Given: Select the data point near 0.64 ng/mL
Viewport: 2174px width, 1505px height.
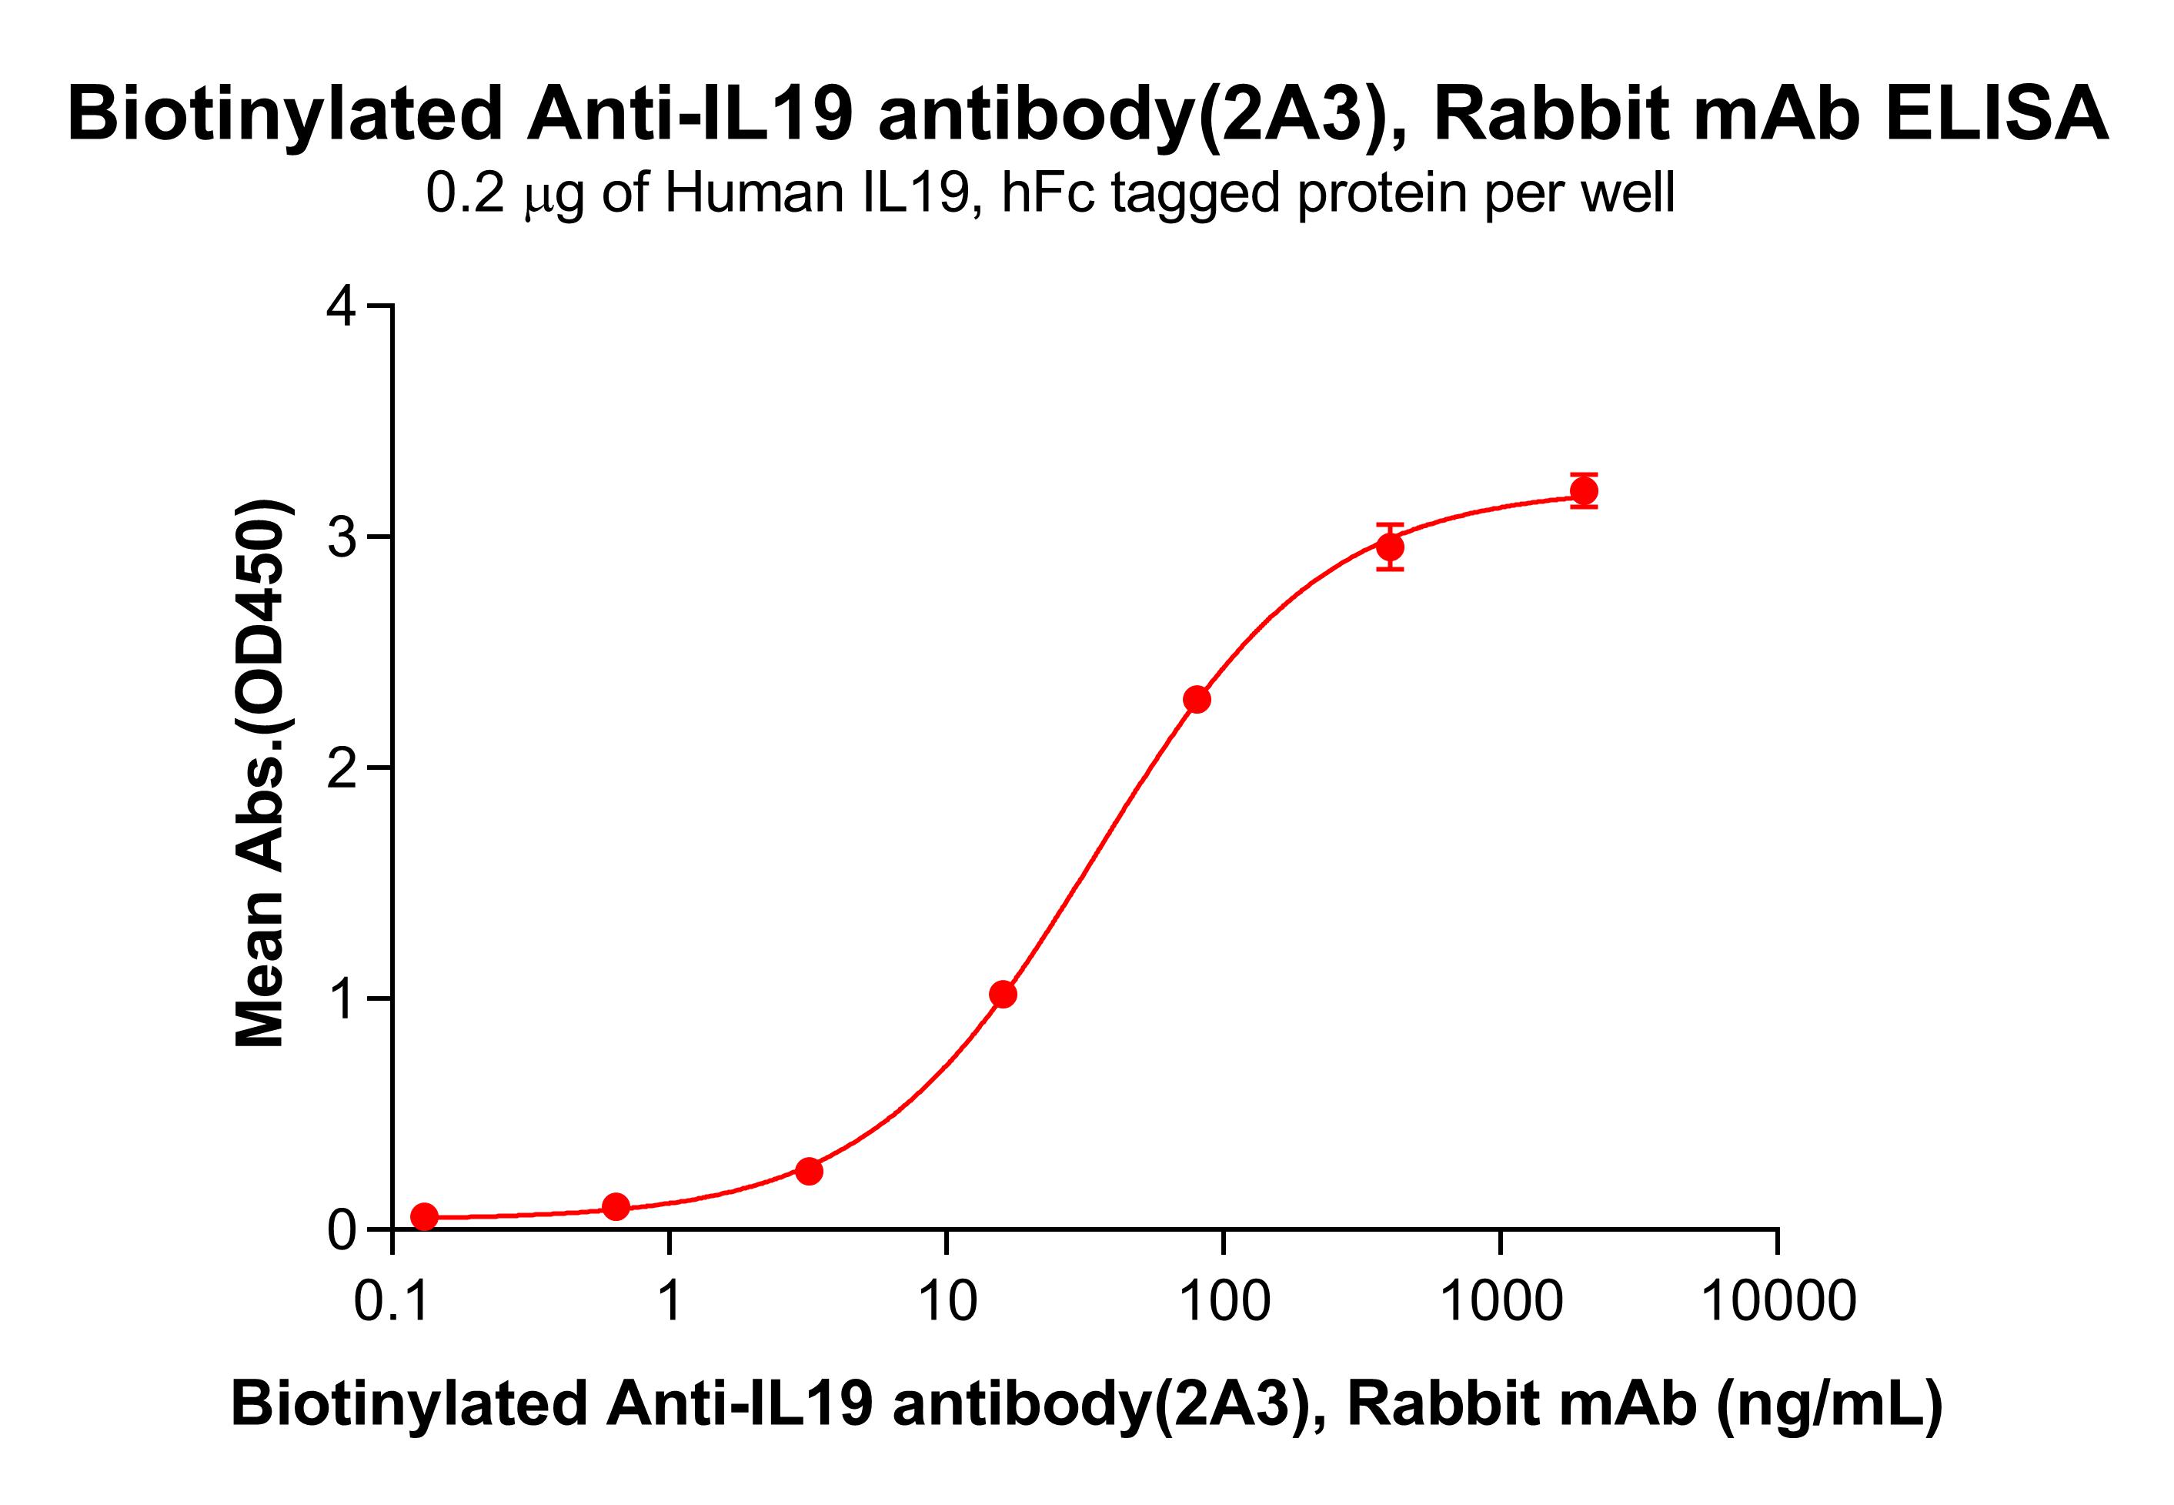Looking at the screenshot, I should pyautogui.click(x=616, y=1206).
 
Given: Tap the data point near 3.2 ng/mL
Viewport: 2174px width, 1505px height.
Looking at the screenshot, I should pyautogui.click(x=809, y=1171).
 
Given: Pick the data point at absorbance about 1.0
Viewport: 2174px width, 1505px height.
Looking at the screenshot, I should pyautogui.click(x=1003, y=994).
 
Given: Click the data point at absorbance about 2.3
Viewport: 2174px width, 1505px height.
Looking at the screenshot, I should pyautogui.click(x=1197, y=700).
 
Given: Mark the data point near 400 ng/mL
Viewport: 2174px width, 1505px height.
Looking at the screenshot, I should pyautogui.click(x=1390, y=547).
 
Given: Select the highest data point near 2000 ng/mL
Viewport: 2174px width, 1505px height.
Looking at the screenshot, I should pyautogui.click(x=1584, y=491).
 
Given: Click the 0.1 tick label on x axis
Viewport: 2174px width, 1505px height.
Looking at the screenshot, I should pyautogui.click(x=392, y=1303).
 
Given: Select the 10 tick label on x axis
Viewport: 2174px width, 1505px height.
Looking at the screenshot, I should pyautogui.click(x=947, y=1303).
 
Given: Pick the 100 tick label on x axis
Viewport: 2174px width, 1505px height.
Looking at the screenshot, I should pyautogui.click(x=1224, y=1303).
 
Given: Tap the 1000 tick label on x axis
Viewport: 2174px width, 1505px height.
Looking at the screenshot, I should pyautogui.click(x=1501, y=1303).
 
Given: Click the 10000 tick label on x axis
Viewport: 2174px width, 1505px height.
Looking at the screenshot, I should pyautogui.click(x=1778, y=1303).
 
